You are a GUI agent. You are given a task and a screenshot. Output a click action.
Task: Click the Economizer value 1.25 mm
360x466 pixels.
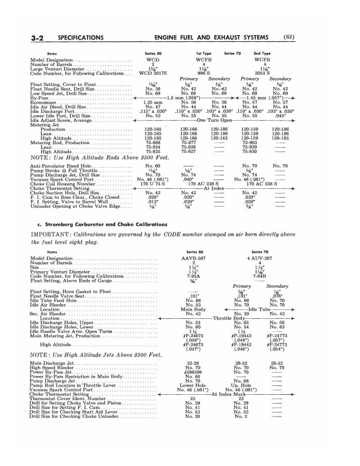[x=152, y=102]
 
